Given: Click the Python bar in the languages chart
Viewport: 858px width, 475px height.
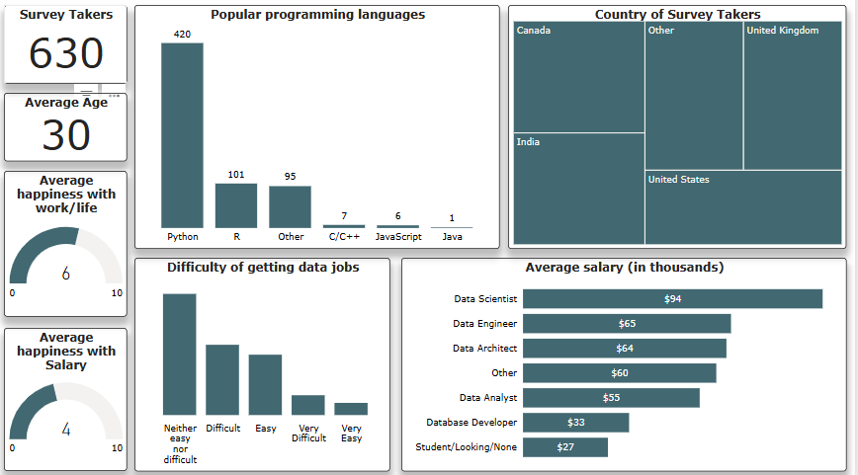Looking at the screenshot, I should tap(182, 135).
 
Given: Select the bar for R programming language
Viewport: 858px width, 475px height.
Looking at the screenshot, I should tap(235, 205).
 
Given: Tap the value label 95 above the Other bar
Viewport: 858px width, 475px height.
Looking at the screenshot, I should tap(290, 177).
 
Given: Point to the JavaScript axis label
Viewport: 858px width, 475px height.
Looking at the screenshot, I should tap(398, 237).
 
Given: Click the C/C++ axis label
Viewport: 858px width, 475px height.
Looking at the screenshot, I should tap(344, 237).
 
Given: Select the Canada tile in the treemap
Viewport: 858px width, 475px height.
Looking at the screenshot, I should tap(578, 77).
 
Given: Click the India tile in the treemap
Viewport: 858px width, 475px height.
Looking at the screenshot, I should tap(578, 188).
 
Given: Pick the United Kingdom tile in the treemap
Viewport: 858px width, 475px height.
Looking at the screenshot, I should tap(792, 96).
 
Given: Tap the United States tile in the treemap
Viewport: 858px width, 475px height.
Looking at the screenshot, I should tap(742, 207).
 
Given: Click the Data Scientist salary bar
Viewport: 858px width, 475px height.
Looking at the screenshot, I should tap(672, 299).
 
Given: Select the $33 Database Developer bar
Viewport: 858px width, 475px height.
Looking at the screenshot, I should tap(575, 423).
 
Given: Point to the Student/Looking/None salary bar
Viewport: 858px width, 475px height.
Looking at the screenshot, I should tap(564, 447).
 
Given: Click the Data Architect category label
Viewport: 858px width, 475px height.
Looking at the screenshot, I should tap(484, 349).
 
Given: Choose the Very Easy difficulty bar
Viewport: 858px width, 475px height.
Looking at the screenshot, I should tap(351, 409).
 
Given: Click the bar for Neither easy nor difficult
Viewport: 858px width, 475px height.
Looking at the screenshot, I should tap(180, 354).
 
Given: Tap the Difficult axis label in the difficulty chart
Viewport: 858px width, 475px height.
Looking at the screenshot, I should tap(222, 429).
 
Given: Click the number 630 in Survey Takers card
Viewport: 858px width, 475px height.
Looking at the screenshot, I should tap(65, 53).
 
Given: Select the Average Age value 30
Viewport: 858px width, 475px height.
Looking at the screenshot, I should tap(65, 135).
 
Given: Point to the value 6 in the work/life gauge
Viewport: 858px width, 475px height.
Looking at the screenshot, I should tap(65, 274).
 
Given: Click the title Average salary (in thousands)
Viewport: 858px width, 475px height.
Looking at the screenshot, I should tap(624, 268).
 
